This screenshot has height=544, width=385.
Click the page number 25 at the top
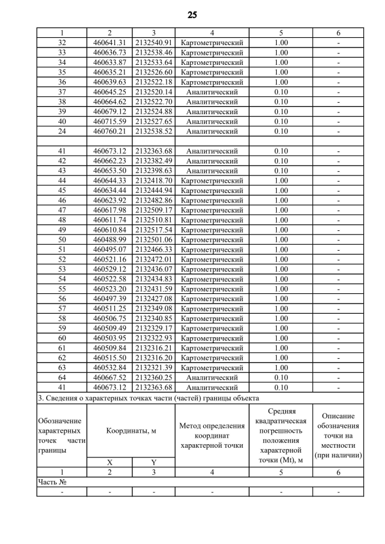[192, 15]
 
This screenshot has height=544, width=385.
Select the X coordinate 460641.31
[109, 42]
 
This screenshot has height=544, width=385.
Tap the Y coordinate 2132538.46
[153, 52]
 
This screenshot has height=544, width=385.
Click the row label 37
[61, 92]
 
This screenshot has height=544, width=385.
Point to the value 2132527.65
[153, 121]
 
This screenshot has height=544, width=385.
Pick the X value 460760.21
[109, 131]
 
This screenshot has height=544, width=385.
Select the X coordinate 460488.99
[109, 239]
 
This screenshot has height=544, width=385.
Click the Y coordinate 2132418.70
[153, 180]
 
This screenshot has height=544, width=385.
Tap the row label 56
[61, 299]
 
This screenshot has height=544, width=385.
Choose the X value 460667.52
[109, 377]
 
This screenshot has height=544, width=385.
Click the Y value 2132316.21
[153, 348]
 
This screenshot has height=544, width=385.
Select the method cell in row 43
[212, 171]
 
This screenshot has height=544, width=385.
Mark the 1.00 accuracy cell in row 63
[281, 367]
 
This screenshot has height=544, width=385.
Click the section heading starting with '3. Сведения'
[149, 398]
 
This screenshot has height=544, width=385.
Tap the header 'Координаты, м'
[131, 430]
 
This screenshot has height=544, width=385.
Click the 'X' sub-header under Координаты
[109, 462]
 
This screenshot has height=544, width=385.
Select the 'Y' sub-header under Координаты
[153, 462]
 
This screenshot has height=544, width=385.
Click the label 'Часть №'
[52, 482]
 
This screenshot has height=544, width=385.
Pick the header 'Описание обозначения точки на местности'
[338, 435]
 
